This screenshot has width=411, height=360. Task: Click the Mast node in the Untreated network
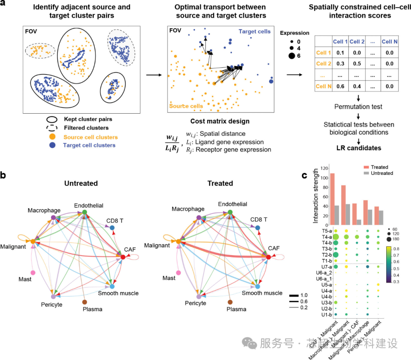click(x=33, y=273)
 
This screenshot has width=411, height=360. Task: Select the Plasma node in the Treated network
click(x=229, y=302)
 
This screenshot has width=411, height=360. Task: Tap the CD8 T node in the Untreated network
click(x=112, y=228)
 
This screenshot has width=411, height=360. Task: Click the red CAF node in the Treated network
click(x=268, y=257)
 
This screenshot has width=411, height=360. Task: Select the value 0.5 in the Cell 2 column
click(x=357, y=63)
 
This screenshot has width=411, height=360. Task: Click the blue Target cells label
click(x=255, y=31)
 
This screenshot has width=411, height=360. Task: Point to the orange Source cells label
click(x=186, y=106)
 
